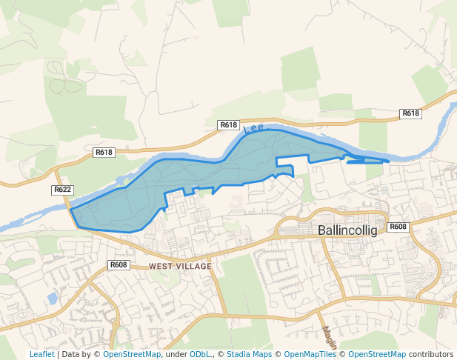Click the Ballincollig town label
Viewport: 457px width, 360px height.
[347, 230]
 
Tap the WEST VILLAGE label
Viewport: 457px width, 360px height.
[180, 266]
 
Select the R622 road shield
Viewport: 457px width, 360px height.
[62, 190]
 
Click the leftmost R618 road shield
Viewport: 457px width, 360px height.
[104, 153]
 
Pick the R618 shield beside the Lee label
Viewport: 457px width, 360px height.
[228, 125]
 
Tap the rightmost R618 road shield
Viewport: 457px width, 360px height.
[410, 113]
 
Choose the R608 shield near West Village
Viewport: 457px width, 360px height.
[119, 264]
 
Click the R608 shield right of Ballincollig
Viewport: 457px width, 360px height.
[398, 227]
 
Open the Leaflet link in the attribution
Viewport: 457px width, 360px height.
[41, 355]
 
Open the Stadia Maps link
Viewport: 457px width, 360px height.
[249, 355]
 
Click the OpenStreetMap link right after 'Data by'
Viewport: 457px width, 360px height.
[132, 355]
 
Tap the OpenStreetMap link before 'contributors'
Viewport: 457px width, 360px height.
[377, 355]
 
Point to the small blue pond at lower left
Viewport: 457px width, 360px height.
[52, 298]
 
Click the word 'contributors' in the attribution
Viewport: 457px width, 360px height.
[430, 355]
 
